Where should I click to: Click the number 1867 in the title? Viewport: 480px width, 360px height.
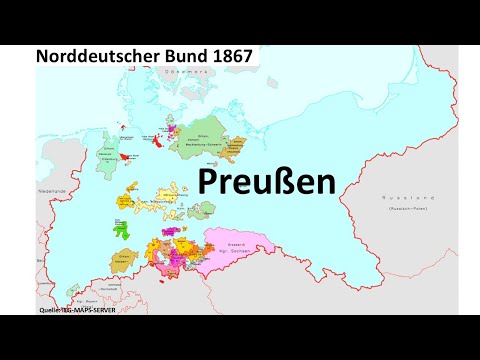tap(226, 57)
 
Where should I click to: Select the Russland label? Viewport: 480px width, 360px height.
tap(393, 200)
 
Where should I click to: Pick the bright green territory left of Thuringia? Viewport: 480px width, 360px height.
tap(126, 228)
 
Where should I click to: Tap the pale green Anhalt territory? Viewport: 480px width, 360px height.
tap(206, 209)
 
